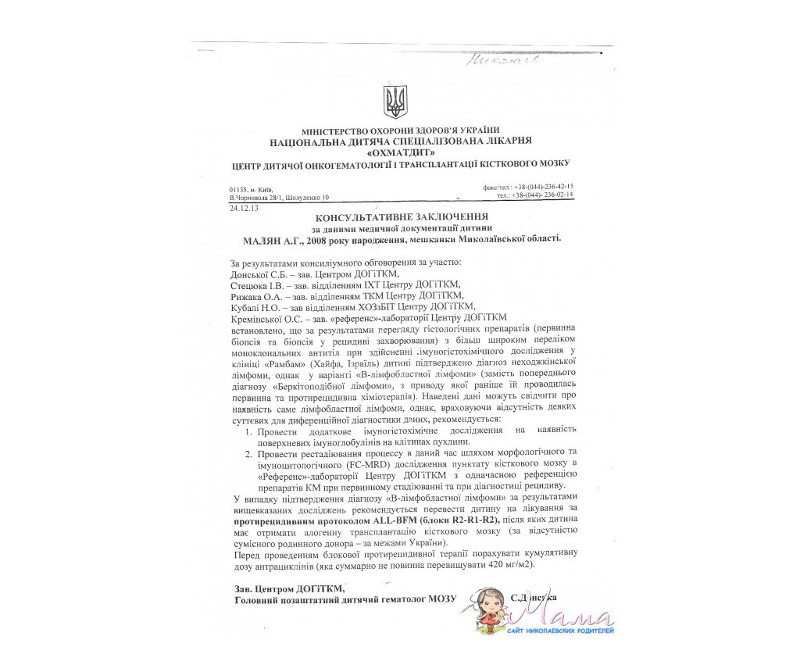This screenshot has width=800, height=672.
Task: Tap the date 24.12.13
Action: click(244, 209)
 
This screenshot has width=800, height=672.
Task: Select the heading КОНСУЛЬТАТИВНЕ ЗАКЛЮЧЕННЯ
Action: click(402, 216)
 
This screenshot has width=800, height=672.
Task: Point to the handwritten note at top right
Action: click(498, 60)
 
